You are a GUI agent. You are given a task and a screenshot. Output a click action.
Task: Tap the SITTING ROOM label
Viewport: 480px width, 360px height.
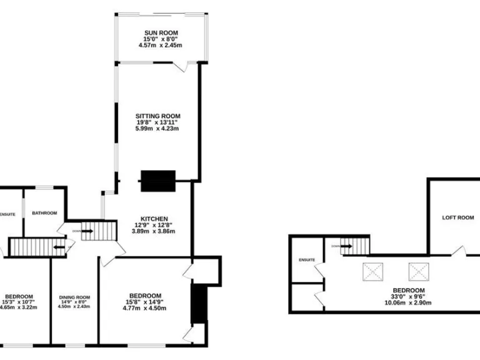158,116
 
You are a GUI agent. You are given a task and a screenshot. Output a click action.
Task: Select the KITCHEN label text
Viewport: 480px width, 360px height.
154,218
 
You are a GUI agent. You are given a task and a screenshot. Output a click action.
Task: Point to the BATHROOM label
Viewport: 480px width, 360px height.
45,213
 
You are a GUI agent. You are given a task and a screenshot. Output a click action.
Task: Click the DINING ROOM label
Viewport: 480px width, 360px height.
74,297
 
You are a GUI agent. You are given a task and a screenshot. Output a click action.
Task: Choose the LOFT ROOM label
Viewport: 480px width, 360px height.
457,218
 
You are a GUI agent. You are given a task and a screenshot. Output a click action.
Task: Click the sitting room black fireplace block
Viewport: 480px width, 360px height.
159,181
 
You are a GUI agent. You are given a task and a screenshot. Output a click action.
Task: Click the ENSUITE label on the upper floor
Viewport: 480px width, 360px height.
307,259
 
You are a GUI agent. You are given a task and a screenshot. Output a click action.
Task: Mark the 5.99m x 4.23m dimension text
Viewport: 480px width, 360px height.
158,129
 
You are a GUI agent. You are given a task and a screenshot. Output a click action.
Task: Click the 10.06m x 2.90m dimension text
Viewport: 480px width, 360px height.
409,302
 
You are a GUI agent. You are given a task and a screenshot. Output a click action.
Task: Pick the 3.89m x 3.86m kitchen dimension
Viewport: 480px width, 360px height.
154,231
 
